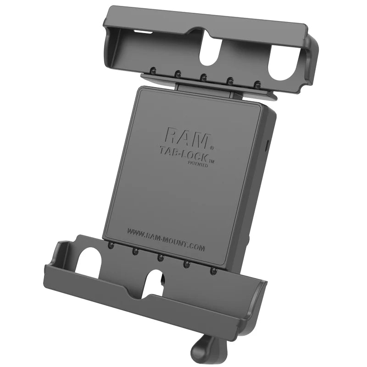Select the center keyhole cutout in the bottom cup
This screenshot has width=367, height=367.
coord(157,283)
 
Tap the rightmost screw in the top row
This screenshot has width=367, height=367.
coord(258,84)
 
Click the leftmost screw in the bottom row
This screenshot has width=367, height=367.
coord(110,246)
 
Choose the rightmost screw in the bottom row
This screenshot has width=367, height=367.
coord(212,272)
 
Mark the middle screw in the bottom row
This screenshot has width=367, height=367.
coord(160,258)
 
